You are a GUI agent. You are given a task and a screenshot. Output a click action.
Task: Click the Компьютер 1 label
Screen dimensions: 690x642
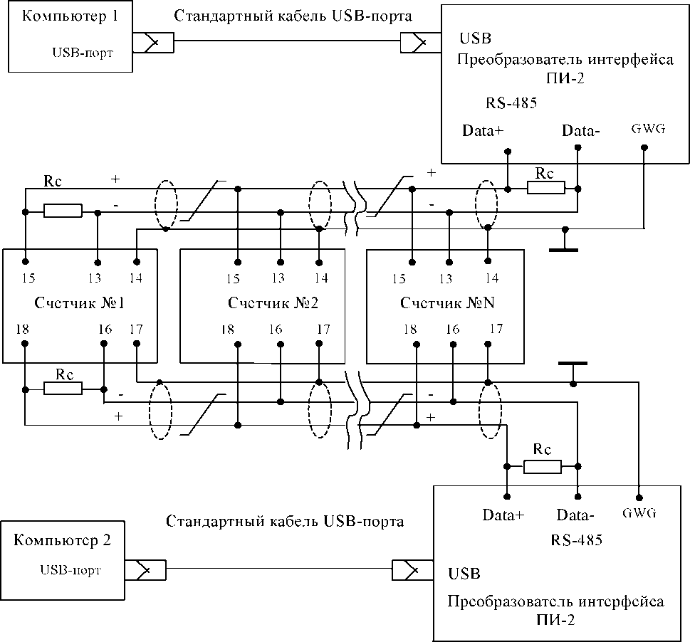point(70,16)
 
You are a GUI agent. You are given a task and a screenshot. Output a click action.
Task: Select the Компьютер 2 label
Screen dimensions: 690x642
point(62,540)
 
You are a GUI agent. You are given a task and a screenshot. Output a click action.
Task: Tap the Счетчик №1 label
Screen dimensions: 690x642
point(79,303)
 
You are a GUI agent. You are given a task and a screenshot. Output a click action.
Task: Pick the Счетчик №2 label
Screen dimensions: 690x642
point(273,303)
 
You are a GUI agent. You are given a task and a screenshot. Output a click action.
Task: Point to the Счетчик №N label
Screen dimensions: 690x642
point(447,303)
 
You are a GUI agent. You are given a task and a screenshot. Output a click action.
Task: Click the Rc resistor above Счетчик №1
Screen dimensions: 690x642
point(63,211)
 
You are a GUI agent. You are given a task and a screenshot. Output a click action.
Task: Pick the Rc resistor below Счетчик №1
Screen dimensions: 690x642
point(63,389)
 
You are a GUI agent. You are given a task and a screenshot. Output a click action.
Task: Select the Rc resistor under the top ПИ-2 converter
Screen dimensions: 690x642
point(546,188)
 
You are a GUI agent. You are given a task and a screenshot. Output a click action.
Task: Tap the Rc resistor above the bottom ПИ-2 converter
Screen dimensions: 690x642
point(543,466)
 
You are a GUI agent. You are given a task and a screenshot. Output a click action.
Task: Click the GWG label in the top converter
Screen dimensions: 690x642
point(648,129)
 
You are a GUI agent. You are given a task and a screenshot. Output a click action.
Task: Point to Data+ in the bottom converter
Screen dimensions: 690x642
point(503,515)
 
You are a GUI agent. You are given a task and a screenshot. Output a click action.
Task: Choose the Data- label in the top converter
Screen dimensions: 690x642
point(581,130)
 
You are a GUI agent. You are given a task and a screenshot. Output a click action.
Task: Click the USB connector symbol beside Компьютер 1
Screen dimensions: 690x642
point(153,43)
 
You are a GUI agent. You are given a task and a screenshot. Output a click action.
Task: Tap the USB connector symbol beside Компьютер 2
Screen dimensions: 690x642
point(145,570)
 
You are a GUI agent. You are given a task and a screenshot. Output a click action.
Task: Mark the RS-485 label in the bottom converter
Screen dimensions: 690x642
point(577,540)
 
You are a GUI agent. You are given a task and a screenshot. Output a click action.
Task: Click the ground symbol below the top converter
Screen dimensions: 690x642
point(564,241)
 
